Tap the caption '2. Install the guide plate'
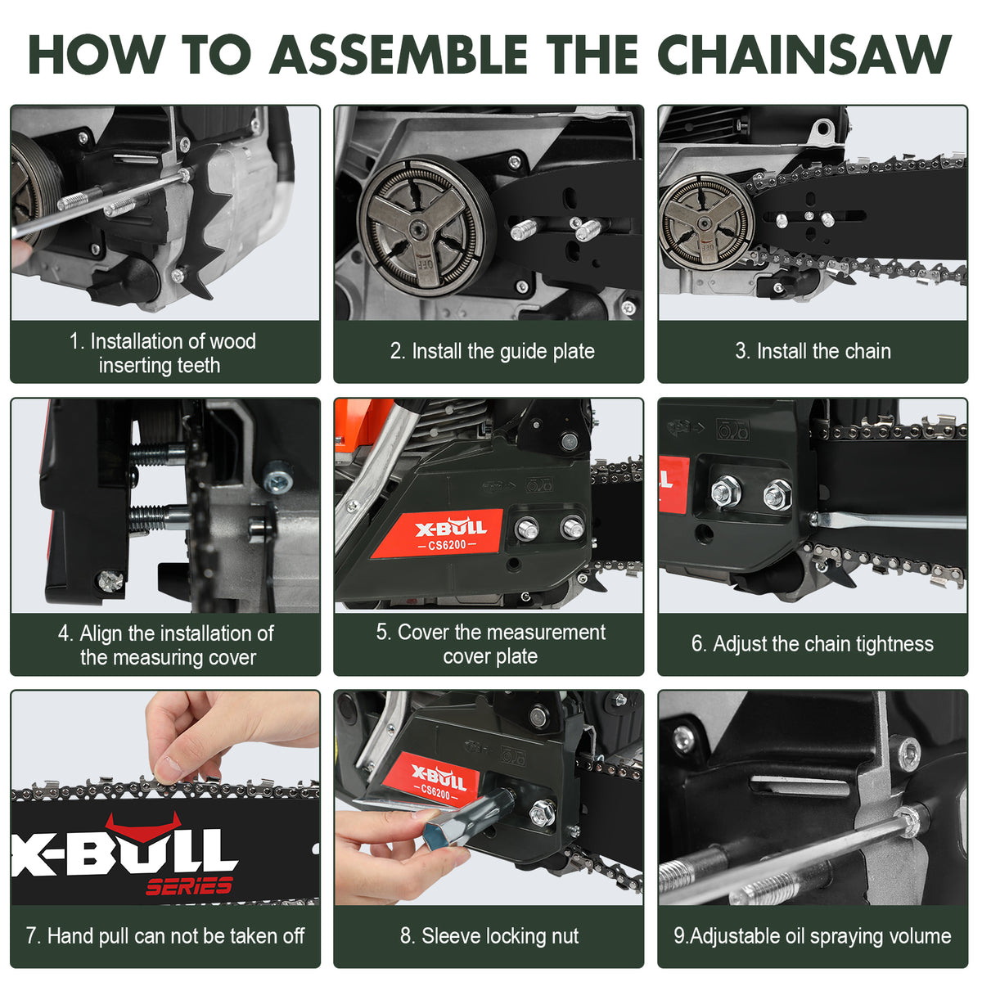click(x=492, y=351)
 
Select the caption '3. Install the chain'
click(x=813, y=351)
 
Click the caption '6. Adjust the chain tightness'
click(x=812, y=644)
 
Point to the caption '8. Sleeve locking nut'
click(x=489, y=935)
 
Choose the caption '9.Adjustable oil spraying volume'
click(x=812, y=935)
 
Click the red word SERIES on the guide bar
click(x=189, y=885)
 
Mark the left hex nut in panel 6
click(x=725, y=491)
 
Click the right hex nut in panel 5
click(x=572, y=528)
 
